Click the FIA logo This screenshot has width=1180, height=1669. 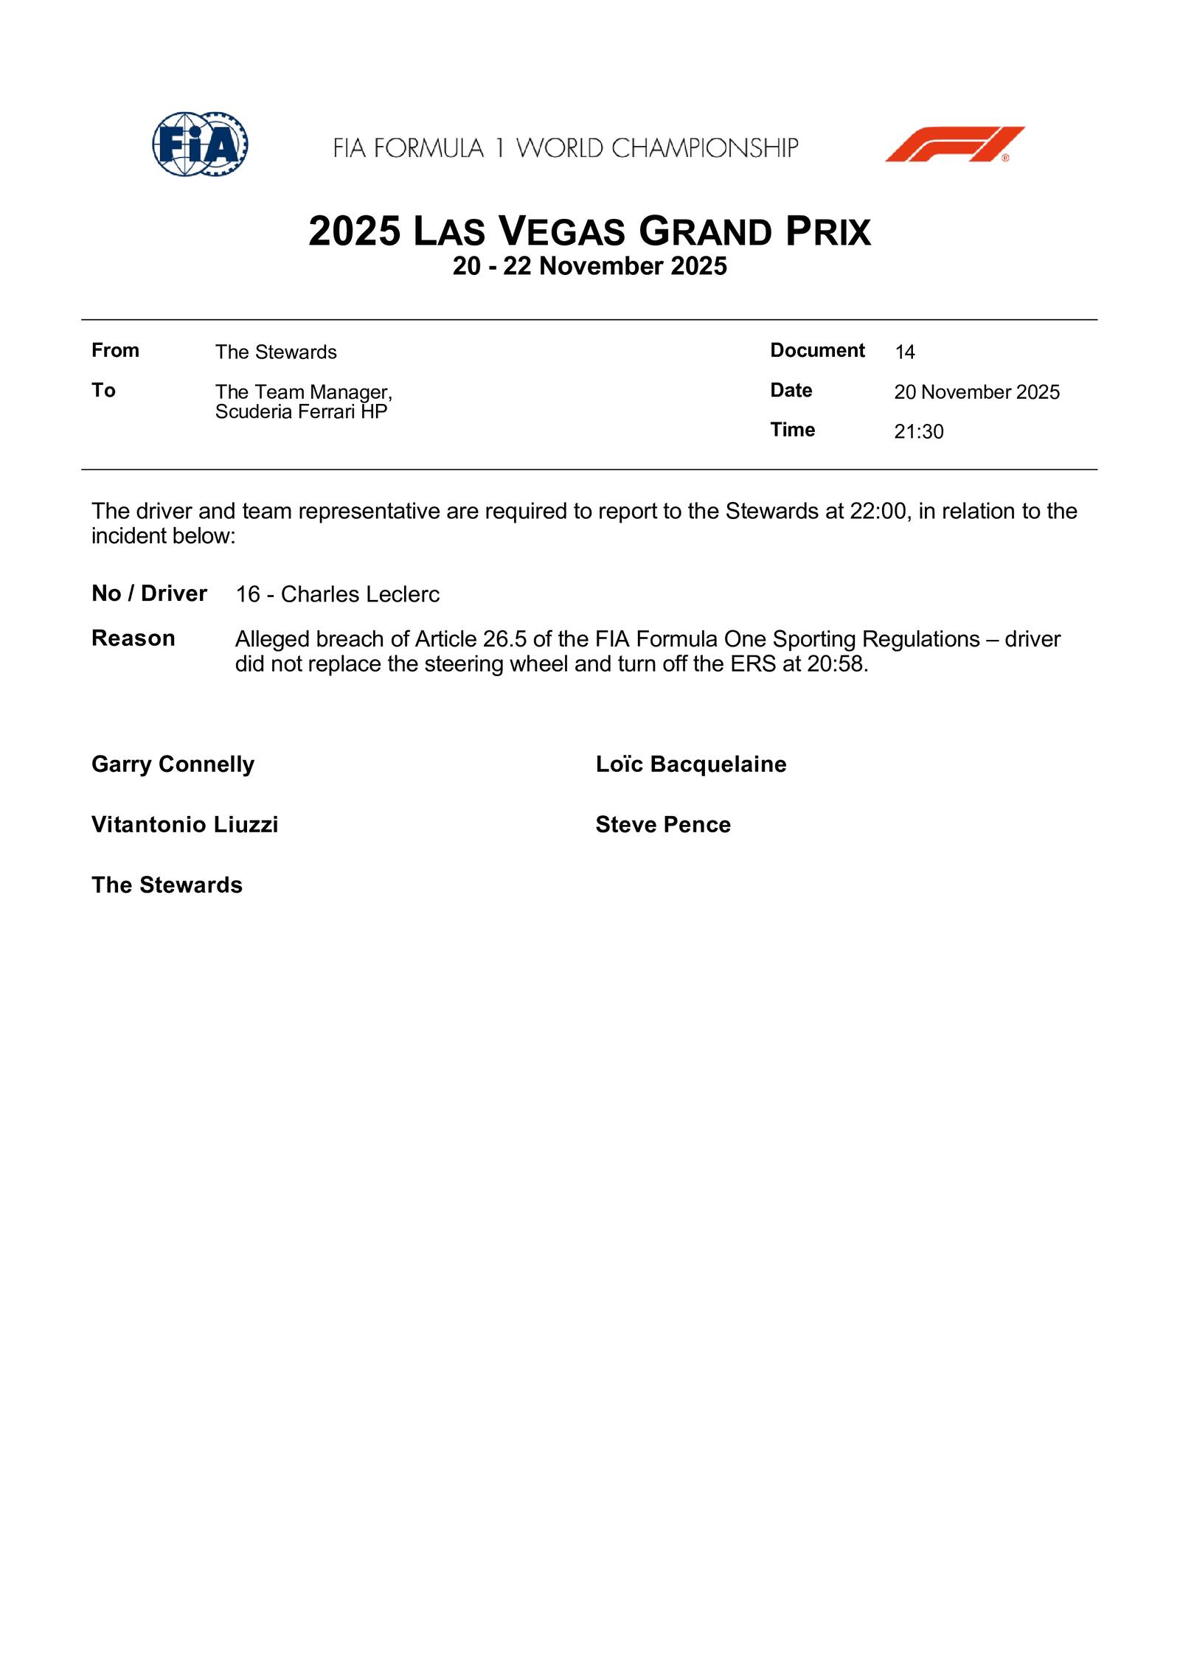(x=200, y=144)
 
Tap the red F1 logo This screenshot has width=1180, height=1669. (x=954, y=144)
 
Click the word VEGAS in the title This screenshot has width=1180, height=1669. (x=563, y=231)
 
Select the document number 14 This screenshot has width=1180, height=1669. (x=904, y=352)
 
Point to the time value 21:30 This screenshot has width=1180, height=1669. (x=918, y=432)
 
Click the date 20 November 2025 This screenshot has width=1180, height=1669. (x=976, y=392)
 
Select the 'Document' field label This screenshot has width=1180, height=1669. (x=817, y=350)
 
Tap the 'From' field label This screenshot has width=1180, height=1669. (x=115, y=350)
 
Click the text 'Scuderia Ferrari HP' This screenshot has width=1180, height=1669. (x=301, y=412)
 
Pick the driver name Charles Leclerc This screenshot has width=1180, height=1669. (x=360, y=594)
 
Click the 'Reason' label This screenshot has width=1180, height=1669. (x=133, y=638)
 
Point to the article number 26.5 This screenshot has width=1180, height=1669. (x=504, y=639)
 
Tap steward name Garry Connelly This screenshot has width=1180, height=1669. (x=173, y=764)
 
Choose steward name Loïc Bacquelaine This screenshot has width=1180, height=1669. (x=690, y=764)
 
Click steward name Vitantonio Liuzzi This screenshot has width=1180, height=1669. (x=184, y=825)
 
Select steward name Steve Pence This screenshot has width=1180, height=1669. (x=662, y=825)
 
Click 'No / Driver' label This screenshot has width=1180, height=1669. (x=149, y=593)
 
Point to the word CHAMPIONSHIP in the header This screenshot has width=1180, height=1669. (x=704, y=148)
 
